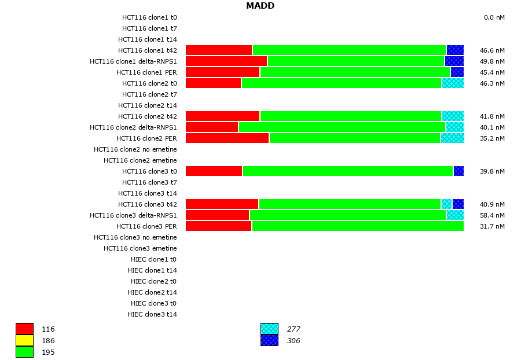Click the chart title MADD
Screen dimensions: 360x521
[x=260, y=6]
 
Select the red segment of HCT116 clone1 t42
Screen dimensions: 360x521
[x=219, y=50]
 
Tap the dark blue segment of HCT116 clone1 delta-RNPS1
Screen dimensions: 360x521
[x=454, y=61]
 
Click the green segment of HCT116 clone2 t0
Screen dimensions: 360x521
[x=342, y=83]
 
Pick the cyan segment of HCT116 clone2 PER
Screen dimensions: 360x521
[x=452, y=138]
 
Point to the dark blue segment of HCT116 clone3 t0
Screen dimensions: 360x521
[x=458, y=171]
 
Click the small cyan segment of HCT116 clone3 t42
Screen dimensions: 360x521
[x=446, y=204]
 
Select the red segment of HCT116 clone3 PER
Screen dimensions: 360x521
[x=218, y=226]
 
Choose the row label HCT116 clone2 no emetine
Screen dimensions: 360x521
[x=135, y=149]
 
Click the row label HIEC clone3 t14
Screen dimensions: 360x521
[x=152, y=314]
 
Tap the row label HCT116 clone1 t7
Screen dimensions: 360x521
[x=149, y=28]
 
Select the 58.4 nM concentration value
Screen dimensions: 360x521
[x=492, y=215]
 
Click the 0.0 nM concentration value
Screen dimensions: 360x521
[x=494, y=17]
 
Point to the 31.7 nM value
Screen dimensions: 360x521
[x=492, y=226]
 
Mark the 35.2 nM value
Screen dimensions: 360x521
[x=492, y=138]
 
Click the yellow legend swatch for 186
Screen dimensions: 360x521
[x=24, y=340]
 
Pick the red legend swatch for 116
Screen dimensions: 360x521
[x=24, y=329]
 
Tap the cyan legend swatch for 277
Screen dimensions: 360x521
[x=269, y=329]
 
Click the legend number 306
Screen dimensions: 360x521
[x=293, y=341]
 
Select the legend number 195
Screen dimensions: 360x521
[x=48, y=352]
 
